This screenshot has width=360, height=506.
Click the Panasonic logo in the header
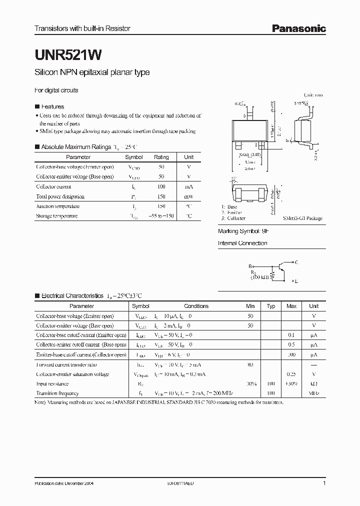coord(298,29)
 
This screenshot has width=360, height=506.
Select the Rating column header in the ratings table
coord(161,157)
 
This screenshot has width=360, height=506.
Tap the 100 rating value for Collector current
coord(161,186)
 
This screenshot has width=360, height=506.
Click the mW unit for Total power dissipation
coord(188,196)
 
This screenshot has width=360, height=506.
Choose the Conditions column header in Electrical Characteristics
coord(196,306)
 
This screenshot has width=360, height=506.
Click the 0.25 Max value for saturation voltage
coord(291,374)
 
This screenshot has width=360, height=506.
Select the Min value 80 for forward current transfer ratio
coord(250,364)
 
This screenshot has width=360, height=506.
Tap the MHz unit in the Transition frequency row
coord(313,393)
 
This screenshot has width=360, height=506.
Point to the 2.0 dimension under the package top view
coord(249,168)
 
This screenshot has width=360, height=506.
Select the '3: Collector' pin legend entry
coord(233,218)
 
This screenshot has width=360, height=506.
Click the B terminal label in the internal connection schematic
coord(250,266)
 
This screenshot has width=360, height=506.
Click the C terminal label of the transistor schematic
coord(296,262)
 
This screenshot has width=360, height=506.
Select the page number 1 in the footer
coord(324,484)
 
